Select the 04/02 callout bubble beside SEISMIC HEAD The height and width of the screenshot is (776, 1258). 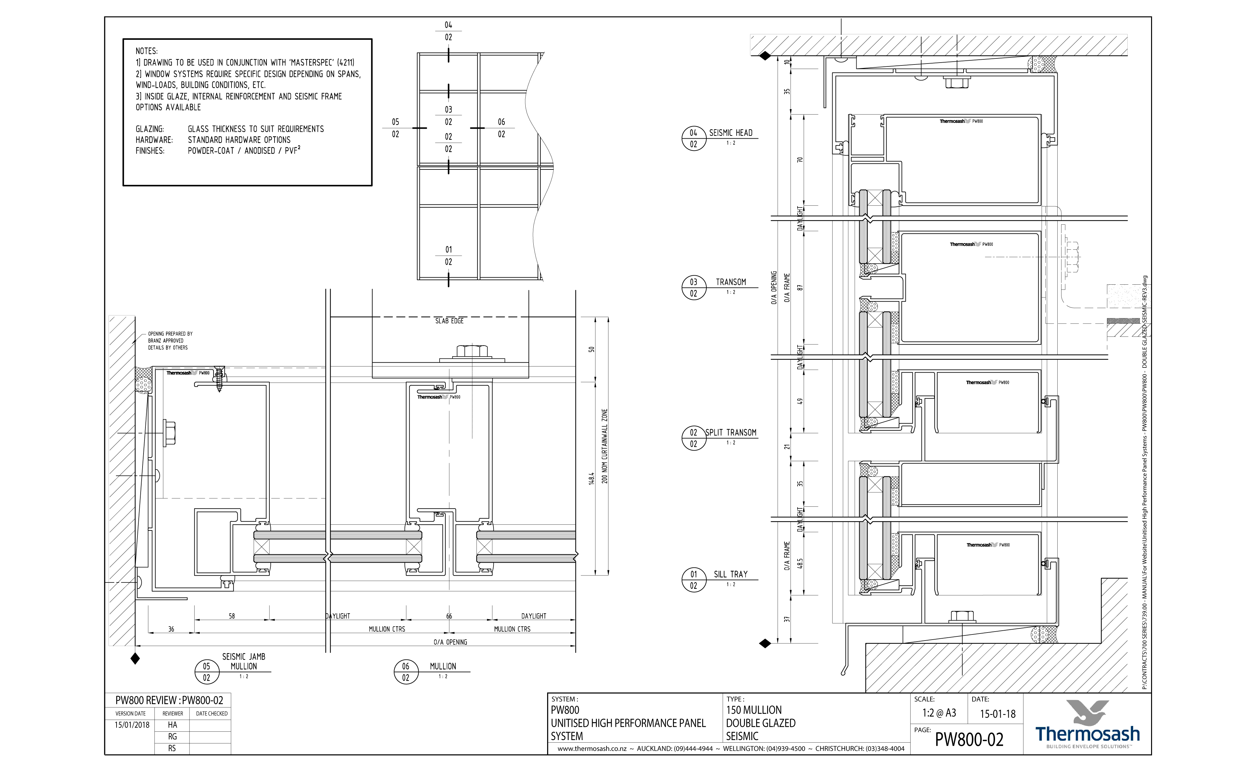pos(693,139)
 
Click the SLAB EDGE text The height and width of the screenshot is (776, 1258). pos(449,321)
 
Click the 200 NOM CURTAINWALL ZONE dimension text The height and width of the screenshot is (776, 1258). pos(604,446)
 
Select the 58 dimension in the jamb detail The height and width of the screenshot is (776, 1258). pos(232,616)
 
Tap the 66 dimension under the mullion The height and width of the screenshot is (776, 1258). pos(449,616)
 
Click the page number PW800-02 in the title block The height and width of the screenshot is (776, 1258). pos(969,739)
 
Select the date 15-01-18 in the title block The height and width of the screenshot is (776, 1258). pos(997,714)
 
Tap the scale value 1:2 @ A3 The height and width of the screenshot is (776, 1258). pos(939,713)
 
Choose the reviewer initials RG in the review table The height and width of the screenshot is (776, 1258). pos(172,737)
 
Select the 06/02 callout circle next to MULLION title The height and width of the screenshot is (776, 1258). pos(406,672)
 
